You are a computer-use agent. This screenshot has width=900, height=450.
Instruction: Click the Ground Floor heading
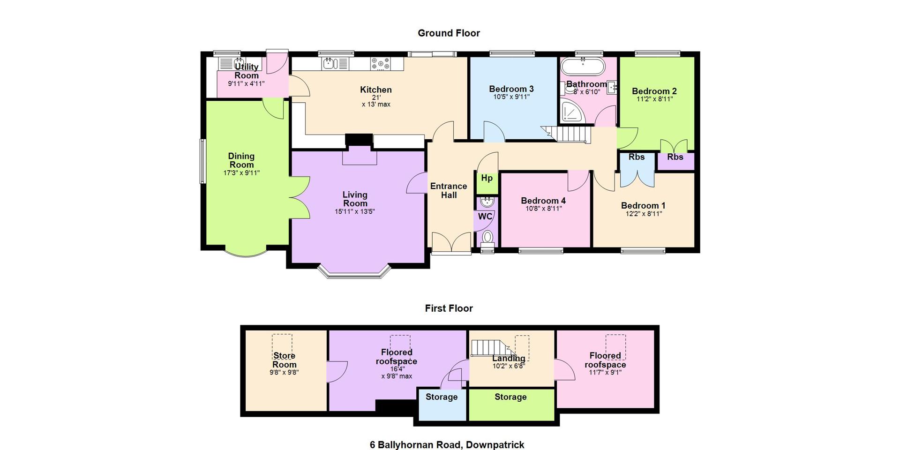449,33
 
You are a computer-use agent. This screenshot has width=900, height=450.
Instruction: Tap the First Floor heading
449,308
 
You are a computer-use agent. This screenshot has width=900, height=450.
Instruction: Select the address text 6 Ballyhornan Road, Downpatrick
447,445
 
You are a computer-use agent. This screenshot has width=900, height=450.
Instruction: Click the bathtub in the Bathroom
583,67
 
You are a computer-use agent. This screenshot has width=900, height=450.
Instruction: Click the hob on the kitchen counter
381,64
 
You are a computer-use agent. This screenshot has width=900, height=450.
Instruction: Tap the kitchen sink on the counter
335,63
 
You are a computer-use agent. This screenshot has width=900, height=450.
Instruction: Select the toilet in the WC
487,238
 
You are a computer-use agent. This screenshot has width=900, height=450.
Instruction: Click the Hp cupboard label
487,178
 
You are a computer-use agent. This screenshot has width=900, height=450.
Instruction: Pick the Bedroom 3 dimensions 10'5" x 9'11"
511,97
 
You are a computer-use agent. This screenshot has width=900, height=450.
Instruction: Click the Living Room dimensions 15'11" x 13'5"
355,211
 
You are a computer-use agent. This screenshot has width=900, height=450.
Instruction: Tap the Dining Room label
241,160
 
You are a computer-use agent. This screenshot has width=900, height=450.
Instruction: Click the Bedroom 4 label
543,201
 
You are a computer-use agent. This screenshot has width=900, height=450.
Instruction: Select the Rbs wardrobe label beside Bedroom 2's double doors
675,157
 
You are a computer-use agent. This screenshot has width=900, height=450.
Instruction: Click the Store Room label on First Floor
284,360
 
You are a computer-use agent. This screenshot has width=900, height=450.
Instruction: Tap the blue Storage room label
442,397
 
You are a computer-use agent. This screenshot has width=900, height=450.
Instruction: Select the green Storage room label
510,397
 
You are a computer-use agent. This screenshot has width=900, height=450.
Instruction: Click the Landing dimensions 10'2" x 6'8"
509,366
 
